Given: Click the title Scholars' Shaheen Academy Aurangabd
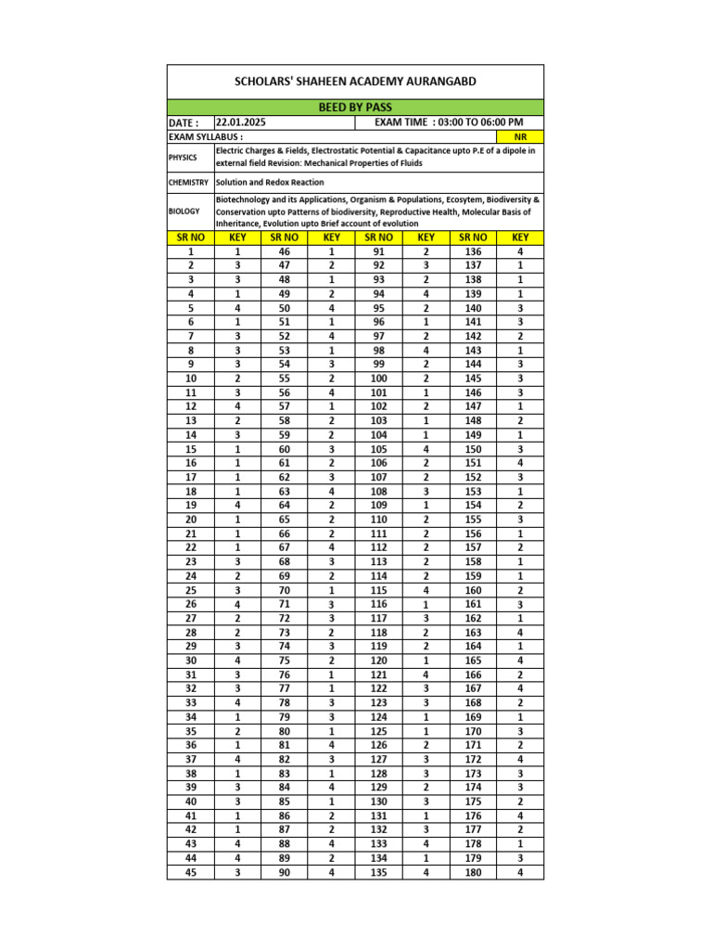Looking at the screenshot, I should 355,82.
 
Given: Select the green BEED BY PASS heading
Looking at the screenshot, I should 355,108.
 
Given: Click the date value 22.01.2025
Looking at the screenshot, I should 241,122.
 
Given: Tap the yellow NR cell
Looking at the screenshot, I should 520,136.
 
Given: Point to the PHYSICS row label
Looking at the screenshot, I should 183,157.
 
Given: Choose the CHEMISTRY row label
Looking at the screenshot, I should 189,183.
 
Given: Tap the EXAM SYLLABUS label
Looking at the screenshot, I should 199,136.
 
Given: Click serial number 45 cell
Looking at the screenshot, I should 191,872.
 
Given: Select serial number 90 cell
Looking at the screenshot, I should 284,872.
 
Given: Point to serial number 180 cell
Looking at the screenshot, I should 474,872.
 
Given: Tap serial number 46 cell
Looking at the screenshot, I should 284,251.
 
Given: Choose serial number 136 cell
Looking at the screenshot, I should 474,251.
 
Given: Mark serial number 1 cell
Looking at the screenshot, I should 191,251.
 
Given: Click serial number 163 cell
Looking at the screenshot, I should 474,633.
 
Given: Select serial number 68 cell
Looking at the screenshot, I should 284,561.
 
